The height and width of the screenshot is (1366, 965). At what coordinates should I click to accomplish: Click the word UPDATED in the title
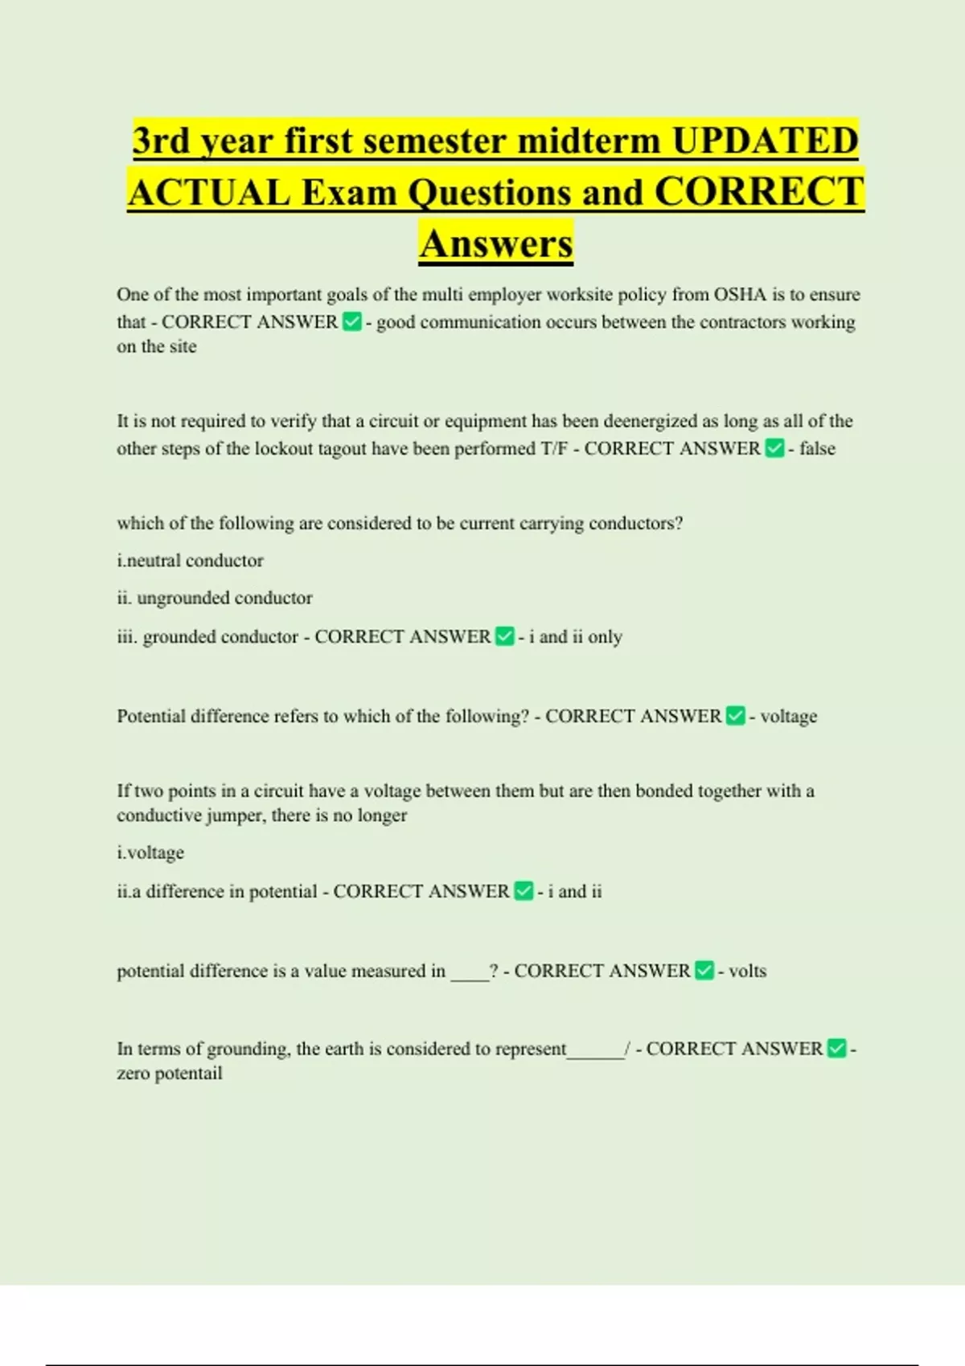[765, 141]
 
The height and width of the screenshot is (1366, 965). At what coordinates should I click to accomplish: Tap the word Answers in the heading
[496, 244]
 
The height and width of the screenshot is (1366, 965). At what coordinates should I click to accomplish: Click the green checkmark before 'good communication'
[351, 322]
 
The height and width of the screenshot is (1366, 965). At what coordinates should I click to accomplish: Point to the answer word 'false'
[817, 448]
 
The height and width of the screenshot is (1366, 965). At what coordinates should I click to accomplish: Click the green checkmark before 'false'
[774, 448]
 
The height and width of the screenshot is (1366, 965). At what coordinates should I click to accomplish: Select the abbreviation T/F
[555, 448]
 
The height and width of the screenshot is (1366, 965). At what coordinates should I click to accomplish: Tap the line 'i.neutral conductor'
[190, 561]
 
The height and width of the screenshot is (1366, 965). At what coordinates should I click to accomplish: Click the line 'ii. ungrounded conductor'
[214, 599]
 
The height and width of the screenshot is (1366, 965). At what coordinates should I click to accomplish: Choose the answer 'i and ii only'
[576, 637]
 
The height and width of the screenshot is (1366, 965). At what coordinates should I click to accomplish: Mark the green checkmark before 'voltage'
[735, 716]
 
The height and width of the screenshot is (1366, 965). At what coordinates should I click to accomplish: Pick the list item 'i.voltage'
[150, 853]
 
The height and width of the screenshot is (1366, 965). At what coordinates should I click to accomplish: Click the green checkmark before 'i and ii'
[524, 891]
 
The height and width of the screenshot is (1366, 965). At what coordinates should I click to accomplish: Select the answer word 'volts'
[747, 971]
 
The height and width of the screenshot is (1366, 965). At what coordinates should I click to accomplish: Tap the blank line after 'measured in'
[470, 975]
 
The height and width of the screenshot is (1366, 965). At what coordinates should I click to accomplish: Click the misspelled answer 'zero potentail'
[169, 1074]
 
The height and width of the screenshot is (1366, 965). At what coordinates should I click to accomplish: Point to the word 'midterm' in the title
[590, 141]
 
